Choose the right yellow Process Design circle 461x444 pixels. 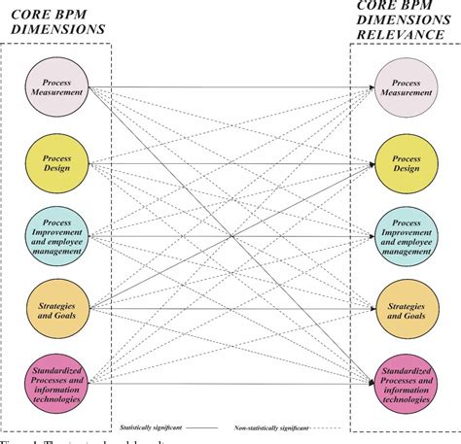(407, 161)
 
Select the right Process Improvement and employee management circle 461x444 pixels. (407, 235)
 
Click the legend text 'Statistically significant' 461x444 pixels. (149, 425)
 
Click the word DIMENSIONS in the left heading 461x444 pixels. (59, 30)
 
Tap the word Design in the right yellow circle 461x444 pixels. (407, 167)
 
